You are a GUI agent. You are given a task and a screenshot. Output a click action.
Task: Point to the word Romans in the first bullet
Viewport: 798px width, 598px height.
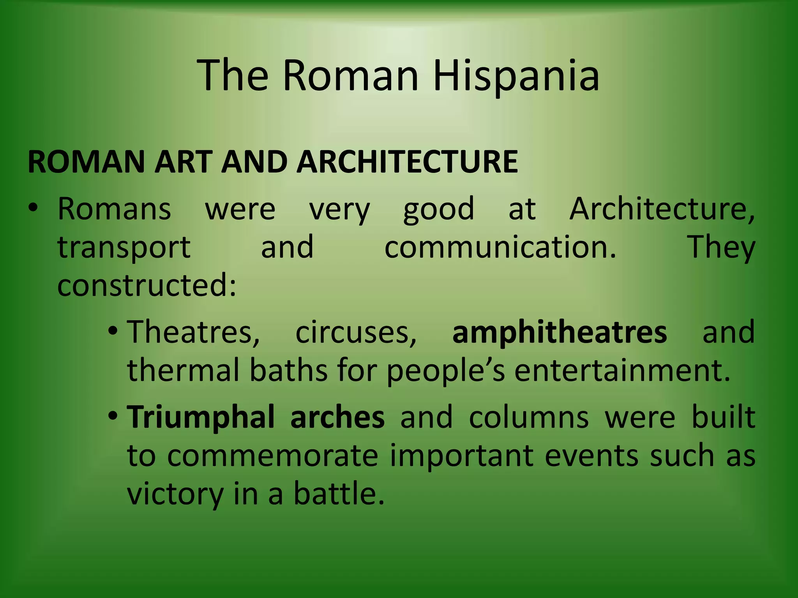coord(114,209)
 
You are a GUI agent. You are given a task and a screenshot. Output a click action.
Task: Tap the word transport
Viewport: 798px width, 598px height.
coord(124,248)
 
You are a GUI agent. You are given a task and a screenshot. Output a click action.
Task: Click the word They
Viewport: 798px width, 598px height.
coord(721,248)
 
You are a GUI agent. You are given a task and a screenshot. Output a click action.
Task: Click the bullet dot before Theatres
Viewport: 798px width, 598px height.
coord(113,331)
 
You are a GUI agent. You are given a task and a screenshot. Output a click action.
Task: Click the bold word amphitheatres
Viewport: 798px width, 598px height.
coord(560,332)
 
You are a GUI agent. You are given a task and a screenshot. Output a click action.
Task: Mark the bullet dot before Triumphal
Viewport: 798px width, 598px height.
coord(113,416)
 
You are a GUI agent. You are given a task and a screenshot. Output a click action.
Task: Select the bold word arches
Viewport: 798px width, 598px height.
coord(337,417)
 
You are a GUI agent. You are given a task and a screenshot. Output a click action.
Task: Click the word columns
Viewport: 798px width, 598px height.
coord(529,417)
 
